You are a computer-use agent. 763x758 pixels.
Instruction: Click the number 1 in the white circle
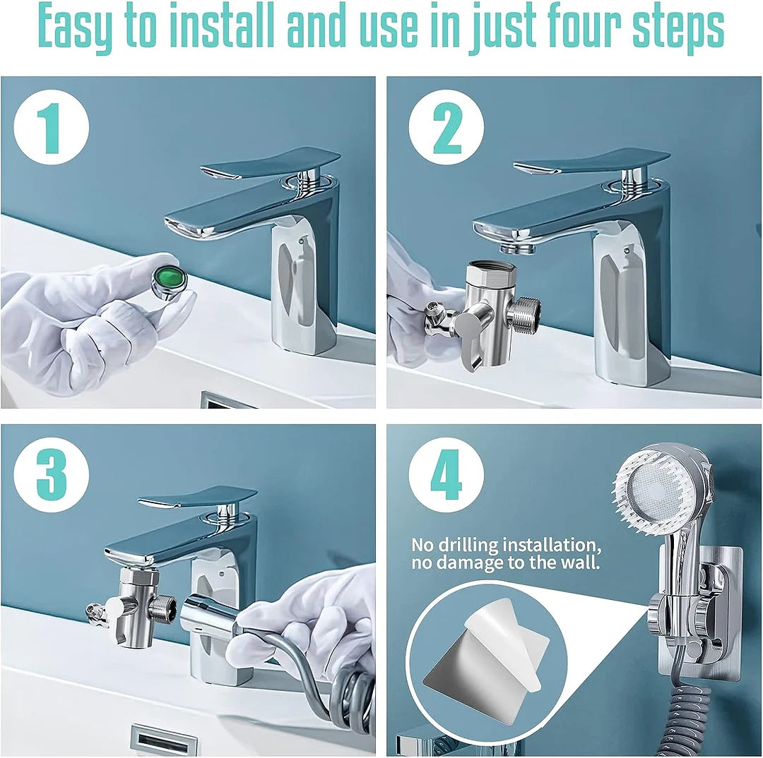tap(52, 128)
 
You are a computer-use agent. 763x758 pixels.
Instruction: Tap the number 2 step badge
tap(446, 128)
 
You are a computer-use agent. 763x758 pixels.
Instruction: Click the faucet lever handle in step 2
tap(590, 162)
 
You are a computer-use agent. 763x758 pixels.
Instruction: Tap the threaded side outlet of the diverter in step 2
tap(526, 314)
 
